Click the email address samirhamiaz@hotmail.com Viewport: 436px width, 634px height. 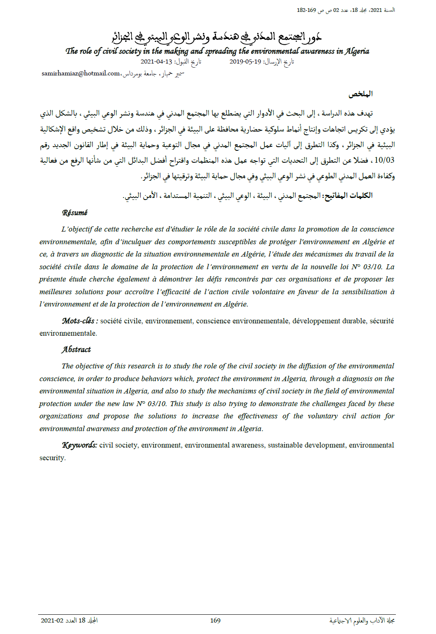point(80,73)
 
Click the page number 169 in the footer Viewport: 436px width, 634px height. point(215,620)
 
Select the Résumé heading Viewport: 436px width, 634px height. point(75,213)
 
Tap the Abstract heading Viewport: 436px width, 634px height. point(76,350)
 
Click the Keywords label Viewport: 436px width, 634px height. point(79,445)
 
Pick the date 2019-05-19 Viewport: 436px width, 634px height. point(245,61)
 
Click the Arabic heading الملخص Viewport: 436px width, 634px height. point(361,94)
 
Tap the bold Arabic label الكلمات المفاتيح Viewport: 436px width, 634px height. point(348,195)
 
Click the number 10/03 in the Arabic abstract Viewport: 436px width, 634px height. point(384,160)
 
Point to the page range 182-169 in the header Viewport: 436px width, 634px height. point(306,10)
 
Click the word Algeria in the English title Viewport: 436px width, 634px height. point(357,51)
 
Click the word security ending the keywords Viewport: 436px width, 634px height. point(52,458)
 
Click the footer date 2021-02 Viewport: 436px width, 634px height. point(52,620)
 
